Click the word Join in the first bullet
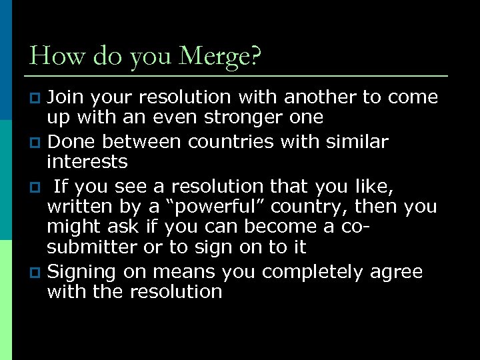tap(66, 97)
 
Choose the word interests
tap(87, 161)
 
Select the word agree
tap(399, 272)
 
